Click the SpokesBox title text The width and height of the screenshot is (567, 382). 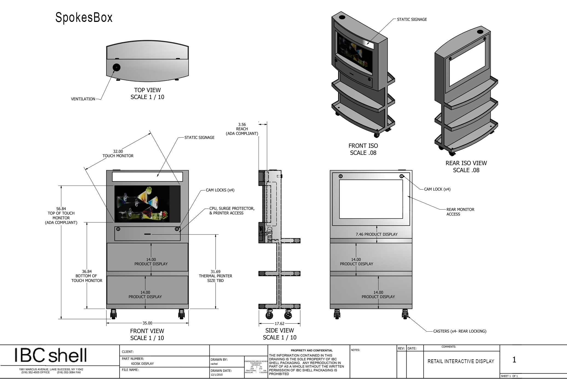click(84, 18)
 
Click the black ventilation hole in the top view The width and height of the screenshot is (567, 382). click(116, 68)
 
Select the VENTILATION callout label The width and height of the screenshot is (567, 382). click(83, 99)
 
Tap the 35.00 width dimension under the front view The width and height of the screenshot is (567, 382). click(147, 323)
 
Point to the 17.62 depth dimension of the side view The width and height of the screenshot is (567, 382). click(279, 324)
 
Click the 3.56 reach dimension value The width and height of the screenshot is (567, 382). click(242, 125)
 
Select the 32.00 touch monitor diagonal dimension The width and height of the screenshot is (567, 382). click(118, 151)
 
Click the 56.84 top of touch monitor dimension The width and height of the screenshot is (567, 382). click(61, 209)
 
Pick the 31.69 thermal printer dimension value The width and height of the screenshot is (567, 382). click(215, 272)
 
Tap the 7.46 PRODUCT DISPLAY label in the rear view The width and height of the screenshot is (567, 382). click(377, 234)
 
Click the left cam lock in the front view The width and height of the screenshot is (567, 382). click(118, 229)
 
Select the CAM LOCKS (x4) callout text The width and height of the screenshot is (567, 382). click(220, 190)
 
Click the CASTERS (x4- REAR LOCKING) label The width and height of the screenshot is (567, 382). click(460, 331)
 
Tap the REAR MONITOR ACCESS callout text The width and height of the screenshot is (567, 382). click(460, 212)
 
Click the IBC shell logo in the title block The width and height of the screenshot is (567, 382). click(51, 355)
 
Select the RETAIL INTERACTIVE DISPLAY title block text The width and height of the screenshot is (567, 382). click(461, 361)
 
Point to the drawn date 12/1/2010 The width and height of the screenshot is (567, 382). click(217, 375)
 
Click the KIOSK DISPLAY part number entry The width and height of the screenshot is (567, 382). click(142, 364)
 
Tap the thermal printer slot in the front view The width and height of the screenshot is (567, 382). click(147, 234)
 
